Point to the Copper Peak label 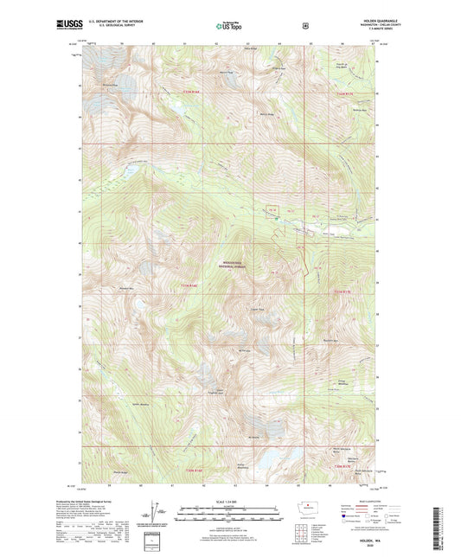(x=255, y=305)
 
